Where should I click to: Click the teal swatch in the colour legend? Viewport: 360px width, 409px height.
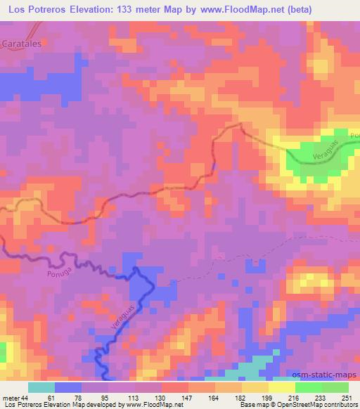(41, 387)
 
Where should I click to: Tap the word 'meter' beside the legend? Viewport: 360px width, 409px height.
(11, 398)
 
